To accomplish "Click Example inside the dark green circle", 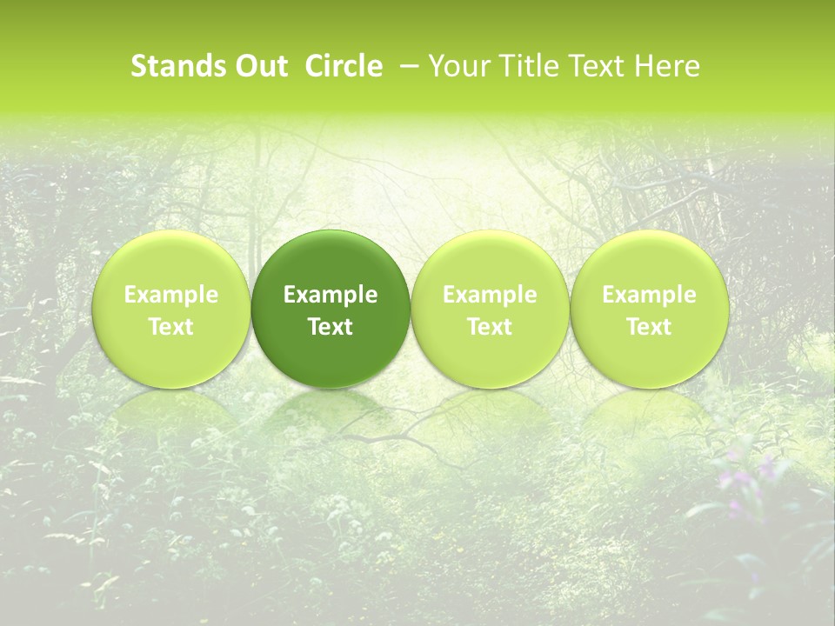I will pos(331,295).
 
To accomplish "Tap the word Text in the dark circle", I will pos(331,327).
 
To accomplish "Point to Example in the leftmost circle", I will pos(171,295).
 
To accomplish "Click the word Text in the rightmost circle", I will pos(649,327).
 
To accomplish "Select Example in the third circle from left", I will pos(490,295).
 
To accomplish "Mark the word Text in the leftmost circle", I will pos(171,327).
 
